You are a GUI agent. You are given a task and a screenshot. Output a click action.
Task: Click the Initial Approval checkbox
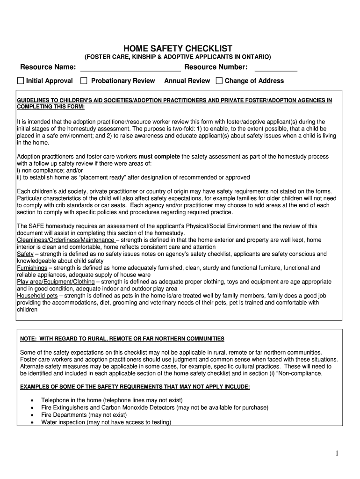20,81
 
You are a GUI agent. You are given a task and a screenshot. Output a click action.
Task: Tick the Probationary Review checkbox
84,81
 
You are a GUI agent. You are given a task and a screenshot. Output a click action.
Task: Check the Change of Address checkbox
219,81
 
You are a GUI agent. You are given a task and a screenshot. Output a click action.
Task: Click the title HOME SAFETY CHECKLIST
177,49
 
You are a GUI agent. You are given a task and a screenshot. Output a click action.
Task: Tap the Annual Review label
187,81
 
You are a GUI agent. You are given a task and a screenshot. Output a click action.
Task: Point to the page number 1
337,453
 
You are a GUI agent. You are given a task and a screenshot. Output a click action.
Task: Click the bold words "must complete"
159,156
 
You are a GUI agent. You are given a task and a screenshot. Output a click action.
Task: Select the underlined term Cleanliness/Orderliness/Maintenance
65,240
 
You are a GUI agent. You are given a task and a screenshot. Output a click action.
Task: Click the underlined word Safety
25,254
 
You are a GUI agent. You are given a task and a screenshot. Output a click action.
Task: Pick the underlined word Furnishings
32,268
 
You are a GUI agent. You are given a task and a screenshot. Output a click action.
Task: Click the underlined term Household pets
37,296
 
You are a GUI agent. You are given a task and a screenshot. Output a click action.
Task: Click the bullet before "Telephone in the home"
31,401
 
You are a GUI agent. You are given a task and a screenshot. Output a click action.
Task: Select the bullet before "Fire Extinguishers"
31,408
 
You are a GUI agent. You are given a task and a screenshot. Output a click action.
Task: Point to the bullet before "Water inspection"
31,422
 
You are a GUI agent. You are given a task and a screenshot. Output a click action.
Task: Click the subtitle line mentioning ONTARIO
177,57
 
